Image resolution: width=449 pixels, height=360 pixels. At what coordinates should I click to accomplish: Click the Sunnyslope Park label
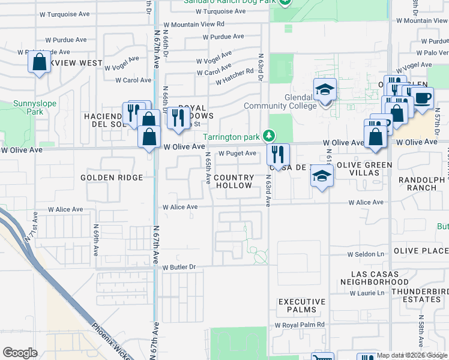coord(35,107)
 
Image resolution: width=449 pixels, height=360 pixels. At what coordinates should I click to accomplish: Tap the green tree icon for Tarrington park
coord(271,136)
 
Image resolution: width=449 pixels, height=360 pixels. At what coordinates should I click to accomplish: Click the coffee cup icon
coord(422,97)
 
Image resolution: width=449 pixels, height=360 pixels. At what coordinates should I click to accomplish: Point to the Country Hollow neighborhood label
coord(234,182)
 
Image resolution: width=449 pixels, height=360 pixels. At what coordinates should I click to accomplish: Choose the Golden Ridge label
coord(112,178)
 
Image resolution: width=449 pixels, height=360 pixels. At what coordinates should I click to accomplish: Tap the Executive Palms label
coord(301,305)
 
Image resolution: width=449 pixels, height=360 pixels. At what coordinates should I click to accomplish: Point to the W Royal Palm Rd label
coord(300,325)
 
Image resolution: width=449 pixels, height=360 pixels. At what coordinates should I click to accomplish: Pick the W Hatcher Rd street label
coord(234,72)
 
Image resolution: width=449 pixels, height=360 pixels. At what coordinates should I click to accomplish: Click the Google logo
coord(20,352)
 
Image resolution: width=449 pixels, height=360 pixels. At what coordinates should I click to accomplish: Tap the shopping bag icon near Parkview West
coord(39,62)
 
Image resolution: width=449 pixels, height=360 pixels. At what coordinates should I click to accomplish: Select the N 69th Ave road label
coord(95,237)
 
